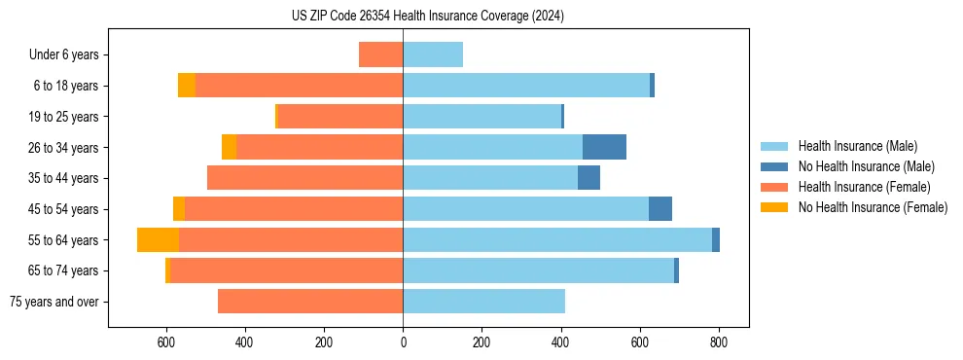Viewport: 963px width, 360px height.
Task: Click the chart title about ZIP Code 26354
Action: point(427,16)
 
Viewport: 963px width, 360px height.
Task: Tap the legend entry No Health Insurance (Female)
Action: point(873,207)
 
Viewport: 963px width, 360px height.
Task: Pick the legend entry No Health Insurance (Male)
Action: point(866,166)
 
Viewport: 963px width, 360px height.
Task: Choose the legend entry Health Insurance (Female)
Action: point(865,187)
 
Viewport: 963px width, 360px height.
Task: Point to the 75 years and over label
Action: point(54,302)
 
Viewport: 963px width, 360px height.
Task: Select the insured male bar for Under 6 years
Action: point(433,54)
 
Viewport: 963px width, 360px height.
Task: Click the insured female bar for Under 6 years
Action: point(380,54)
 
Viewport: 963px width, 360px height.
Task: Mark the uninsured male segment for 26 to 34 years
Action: point(604,147)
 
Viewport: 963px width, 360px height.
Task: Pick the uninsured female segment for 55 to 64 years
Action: point(158,239)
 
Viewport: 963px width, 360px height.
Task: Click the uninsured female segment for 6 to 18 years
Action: point(187,86)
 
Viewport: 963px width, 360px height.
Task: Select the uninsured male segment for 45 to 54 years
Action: point(660,209)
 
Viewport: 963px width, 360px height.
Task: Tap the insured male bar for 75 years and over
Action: point(483,302)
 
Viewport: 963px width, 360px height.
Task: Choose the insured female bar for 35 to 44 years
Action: point(304,178)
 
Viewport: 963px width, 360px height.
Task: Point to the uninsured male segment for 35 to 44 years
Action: point(588,178)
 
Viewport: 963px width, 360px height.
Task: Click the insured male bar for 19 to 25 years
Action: point(481,117)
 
